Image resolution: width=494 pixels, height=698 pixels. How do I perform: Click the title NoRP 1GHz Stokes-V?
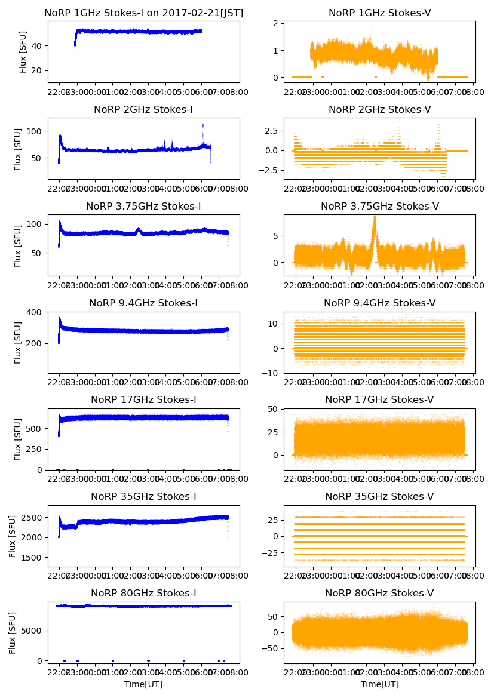point(379,13)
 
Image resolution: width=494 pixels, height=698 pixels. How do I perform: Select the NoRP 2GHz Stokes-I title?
point(143,109)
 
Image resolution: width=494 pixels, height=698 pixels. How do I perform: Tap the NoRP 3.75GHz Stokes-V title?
point(379,206)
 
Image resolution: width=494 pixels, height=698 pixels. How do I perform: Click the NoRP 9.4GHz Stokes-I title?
point(143,303)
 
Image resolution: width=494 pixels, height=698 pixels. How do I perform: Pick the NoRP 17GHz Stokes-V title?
point(379,399)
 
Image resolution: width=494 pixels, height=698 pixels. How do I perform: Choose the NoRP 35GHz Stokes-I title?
point(143,496)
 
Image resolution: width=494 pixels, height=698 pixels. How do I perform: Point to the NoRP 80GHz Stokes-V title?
point(379,593)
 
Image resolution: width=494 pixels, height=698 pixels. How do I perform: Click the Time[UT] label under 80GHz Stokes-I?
point(143,684)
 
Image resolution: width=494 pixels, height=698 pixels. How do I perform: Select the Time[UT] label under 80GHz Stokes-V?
point(379,684)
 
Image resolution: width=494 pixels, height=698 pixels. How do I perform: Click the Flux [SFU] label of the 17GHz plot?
point(19,439)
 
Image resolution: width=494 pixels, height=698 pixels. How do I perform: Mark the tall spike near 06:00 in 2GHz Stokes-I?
point(202,125)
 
